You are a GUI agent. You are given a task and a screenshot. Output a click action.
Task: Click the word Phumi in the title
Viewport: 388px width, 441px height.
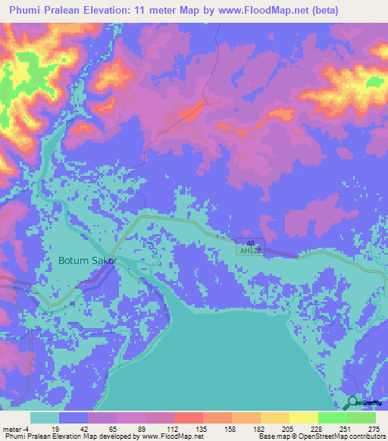tap(27, 11)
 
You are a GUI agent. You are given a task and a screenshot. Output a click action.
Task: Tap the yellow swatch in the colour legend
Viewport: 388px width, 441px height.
tap(304, 418)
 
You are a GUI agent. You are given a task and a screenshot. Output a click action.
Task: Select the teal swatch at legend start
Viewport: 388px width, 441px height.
tap(45, 418)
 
